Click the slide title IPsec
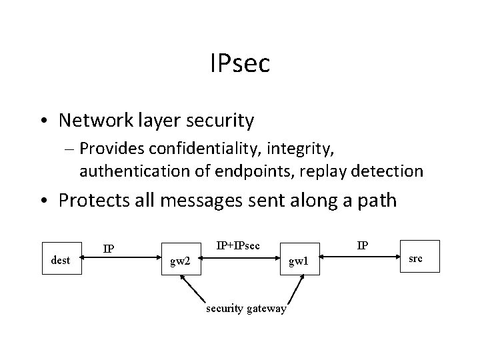[239, 65]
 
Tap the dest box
[61, 260]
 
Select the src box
[415, 257]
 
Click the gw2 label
[180, 261]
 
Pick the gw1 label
[297, 261]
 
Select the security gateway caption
[247, 308]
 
